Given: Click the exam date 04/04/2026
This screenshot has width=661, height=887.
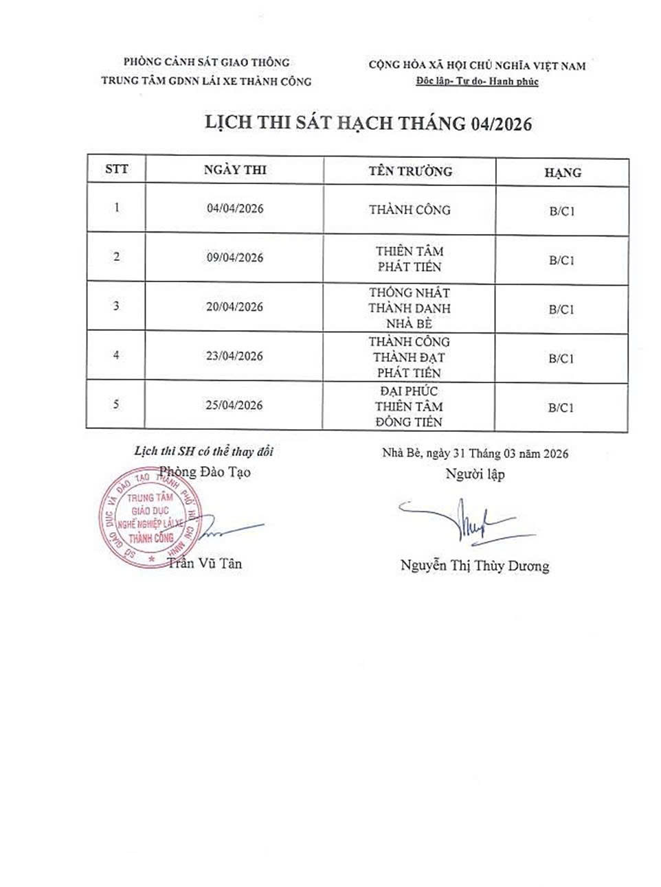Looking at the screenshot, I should (x=234, y=209).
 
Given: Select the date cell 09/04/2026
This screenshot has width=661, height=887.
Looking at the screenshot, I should (x=234, y=258).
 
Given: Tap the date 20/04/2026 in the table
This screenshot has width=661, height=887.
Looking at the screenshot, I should (x=234, y=307).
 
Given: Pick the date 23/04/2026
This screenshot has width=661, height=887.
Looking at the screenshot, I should (x=234, y=356).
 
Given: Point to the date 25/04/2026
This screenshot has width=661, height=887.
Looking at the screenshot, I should (x=234, y=405).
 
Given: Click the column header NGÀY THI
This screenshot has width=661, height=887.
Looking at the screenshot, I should (x=235, y=170).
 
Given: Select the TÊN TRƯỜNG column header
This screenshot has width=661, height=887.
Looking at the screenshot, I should (x=410, y=171).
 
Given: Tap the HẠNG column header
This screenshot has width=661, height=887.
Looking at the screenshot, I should (x=562, y=172).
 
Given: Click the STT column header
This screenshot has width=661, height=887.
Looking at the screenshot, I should (x=117, y=168).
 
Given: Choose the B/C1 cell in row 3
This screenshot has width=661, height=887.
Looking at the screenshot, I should (x=561, y=310).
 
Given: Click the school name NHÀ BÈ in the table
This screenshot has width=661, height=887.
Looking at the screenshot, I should (x=409, y=324).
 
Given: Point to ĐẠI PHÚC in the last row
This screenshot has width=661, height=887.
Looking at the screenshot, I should (x=409, y=391).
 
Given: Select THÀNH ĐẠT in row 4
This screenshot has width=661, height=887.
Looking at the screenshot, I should (x=409, y=357).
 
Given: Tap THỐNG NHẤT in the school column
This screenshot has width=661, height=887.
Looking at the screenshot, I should (x=409, y=293).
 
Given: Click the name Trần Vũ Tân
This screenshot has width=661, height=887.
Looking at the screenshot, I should (x=205, y=564).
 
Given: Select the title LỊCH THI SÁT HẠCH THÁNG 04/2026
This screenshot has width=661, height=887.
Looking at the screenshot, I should (x=369, y=124).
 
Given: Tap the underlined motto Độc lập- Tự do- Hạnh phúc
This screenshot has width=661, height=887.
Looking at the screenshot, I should (x=478, y=82).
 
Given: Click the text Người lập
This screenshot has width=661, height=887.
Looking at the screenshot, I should (x=474, y=474).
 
